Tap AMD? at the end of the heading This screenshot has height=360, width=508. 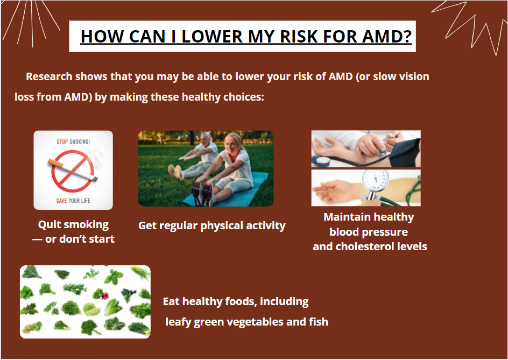coord(387,36)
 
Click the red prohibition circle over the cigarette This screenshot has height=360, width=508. coord(73,171)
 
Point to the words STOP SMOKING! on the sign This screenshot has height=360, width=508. coord(73,142)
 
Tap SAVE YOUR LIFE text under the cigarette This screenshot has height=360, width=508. coord(73,201)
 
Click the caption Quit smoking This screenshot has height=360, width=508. coord(73,224)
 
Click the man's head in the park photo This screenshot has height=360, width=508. coord(206,139)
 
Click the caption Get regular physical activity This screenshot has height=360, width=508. coord(212,225)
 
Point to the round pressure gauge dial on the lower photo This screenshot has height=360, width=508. coord(375,180)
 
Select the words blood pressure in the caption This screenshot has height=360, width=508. coord(369,232)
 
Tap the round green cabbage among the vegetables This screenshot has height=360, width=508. coord(91,309)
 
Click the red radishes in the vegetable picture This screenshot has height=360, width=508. coord(105,295)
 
